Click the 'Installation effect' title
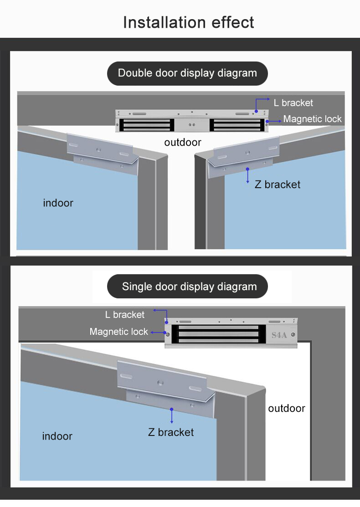click(189, 22)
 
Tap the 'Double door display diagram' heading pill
click(187, 73)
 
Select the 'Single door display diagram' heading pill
click(188, 287)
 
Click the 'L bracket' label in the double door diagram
click(293, 103)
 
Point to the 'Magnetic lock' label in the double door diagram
click(312, 119)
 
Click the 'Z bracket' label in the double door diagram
click(277, 184)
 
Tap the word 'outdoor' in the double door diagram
click(183, 143)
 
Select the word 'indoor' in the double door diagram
click(58, 203)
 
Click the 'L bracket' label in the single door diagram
click(124, 315)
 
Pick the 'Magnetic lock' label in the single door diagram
click(118, 332)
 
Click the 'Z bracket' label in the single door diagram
click(171, 432)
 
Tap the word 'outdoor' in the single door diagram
click(286, 409)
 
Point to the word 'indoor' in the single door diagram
click(57, 436)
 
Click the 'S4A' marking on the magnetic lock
click(279, 335)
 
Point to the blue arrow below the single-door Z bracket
click(172, 415)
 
